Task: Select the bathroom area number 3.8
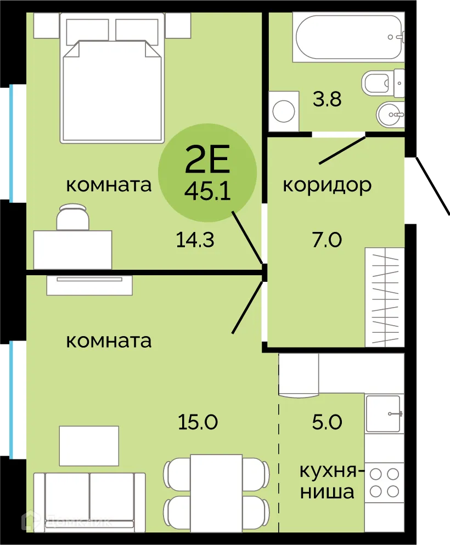click(328, 100)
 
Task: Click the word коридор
click(327, 185)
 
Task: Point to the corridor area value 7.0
click(328, 240)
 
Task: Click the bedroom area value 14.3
click(195, 240)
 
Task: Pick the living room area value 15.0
click(198, 422)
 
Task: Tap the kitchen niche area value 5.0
click(328, 422)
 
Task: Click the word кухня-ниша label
click(328, 481)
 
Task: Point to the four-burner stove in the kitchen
click(384, 482)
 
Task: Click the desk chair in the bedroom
click(72, 218)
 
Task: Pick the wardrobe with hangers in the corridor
click(385, 297)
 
